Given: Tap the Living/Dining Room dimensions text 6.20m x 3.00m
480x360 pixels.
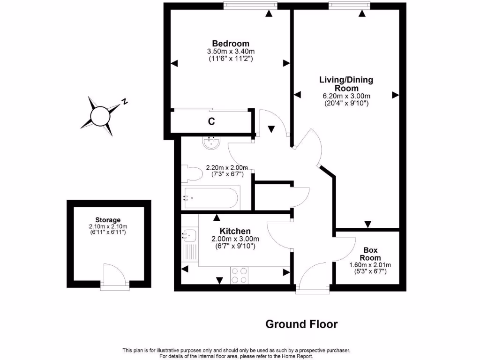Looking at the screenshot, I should coord(346,96).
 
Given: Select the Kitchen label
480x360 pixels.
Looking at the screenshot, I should coord(235,231).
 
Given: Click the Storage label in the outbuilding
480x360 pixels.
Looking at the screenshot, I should coord(108,220).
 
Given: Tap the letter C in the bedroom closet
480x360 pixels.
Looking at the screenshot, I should coord(211,122).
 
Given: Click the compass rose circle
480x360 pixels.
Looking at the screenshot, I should coord(100,115).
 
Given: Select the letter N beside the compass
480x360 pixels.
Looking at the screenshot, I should coord(125,101).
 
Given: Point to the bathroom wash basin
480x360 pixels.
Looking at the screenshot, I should coord(212,142).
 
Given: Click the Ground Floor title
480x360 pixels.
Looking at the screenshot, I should coord(301,324).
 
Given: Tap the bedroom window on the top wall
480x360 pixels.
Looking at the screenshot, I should coord(250,5).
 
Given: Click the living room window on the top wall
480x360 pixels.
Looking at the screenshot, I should coord(349,5).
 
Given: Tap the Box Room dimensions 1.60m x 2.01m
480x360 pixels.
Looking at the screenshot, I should coord(370,265).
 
